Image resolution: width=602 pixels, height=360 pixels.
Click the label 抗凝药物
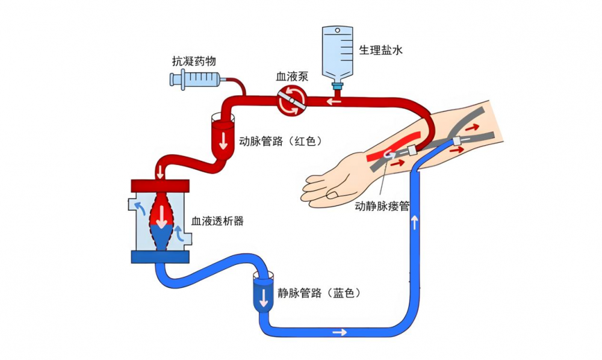pos(194,61)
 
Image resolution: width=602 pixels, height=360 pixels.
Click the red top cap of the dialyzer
pos(160,185)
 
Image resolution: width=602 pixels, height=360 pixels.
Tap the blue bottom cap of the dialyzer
pos(160,257)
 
